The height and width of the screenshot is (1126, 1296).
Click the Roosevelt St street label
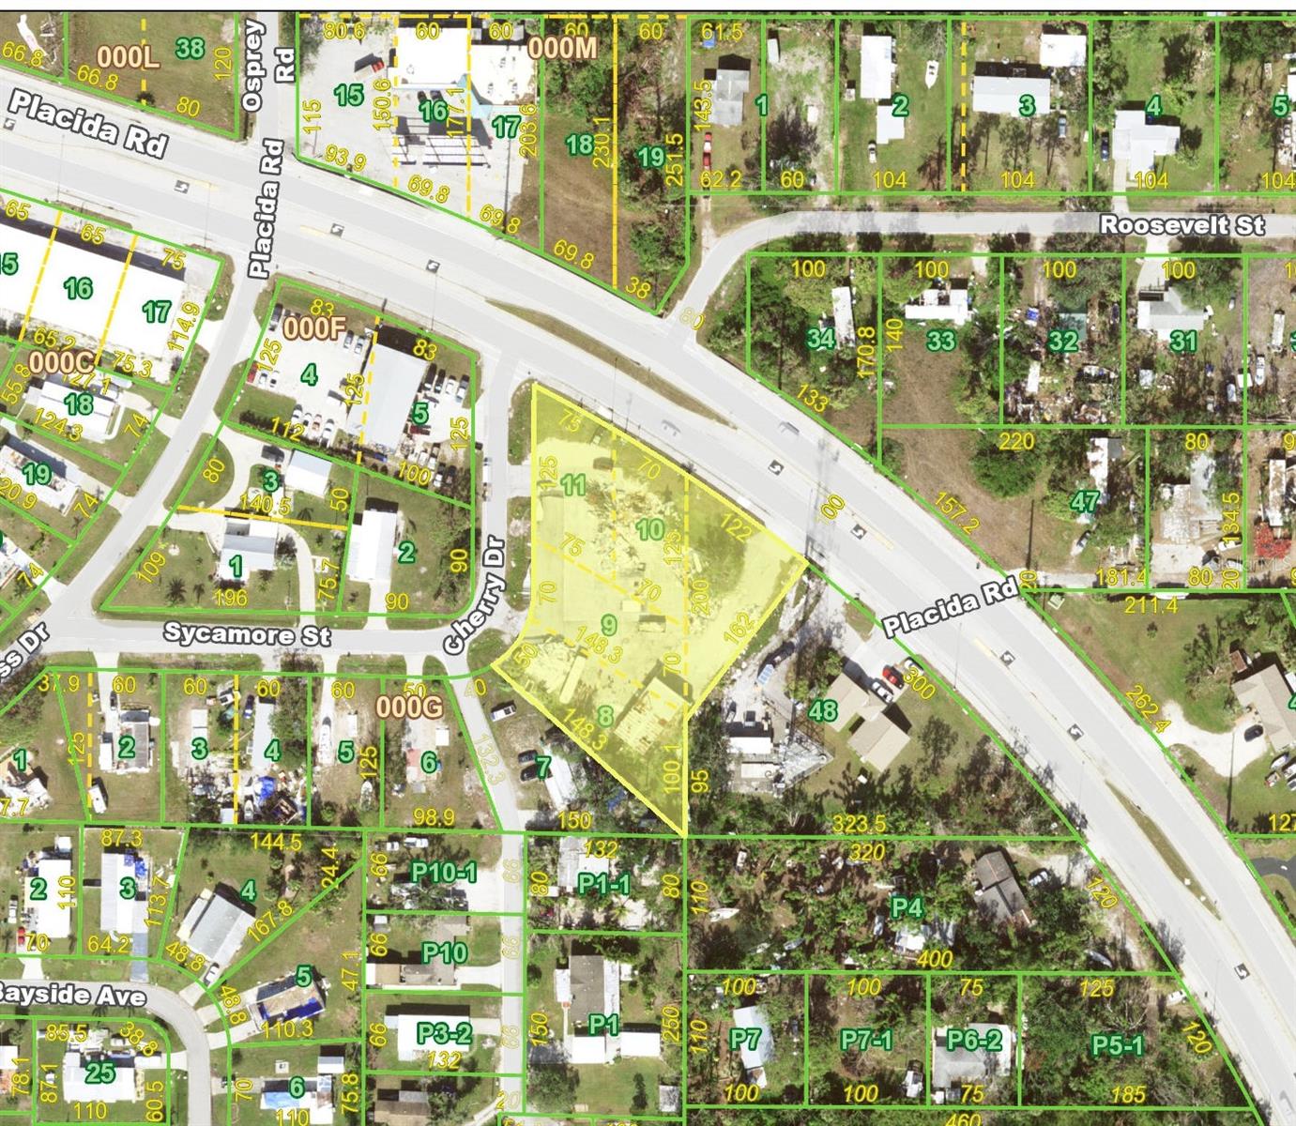(x=1182, y=225)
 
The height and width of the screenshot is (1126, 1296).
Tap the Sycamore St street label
(x=247, y=634)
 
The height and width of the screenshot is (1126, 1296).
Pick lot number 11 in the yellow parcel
(x=572, y=485)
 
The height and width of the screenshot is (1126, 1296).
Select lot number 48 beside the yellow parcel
(x=822, y=710)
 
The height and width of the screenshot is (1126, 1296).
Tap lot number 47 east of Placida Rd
(x=1085, y=502)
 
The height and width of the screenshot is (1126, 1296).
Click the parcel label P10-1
(x=444, y=873)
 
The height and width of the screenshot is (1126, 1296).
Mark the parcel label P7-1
(x=865, y=1040)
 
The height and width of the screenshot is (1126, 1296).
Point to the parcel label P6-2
(x=974, y=1040)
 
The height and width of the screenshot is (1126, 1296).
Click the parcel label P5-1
(x=1117, y=1044)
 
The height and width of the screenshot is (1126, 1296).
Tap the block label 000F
(x=314, y=327)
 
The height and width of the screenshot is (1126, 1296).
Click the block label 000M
(x=562, y=47)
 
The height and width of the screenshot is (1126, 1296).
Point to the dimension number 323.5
(x=859, y=823)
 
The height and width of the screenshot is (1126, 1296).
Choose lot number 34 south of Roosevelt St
(x=821, y=338)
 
